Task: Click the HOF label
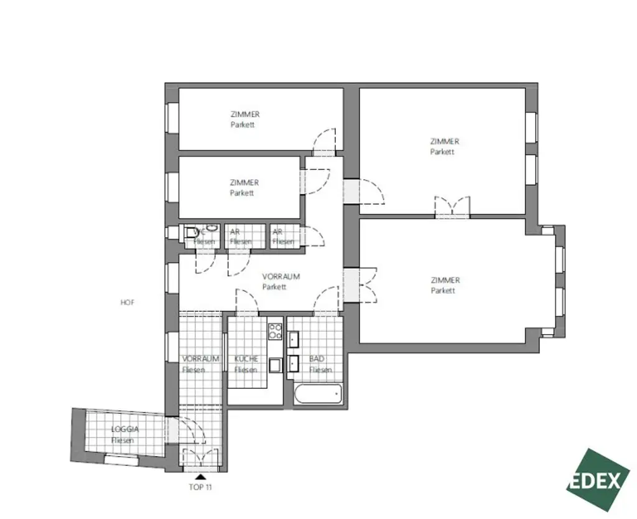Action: coord(128,303)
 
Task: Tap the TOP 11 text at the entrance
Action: coord(200,487)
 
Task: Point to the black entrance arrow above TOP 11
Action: coord(200,476)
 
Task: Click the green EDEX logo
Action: coord(597,480)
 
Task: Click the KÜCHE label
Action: coord(246,359)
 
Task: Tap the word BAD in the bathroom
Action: coord(317,359)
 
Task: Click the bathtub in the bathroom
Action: coord(317,393)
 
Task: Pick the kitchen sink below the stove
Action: coord(275,365)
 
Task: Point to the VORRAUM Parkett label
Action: coord(281,281)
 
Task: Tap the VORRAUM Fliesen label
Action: coord(200,364)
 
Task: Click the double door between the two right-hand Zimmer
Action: coord(452,207)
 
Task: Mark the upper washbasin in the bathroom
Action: coord(294,340)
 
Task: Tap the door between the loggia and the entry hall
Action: coord(181,430)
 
